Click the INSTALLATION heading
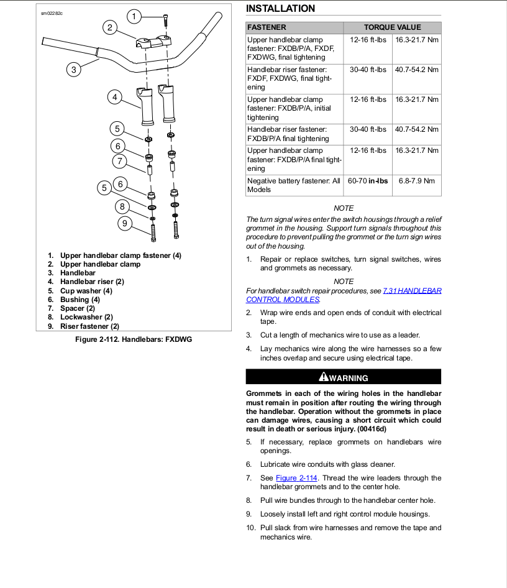coord(280,9)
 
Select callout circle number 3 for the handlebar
coord(74,70)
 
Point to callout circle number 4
coord(114,97)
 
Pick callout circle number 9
coord(125,223)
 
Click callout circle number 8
coord(122,207)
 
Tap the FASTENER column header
coord(267,27)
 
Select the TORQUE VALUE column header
coord(392,27)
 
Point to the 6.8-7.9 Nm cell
coord(416,181)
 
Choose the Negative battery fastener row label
coord(294,185)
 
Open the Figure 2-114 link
coord(296,478)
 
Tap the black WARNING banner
coord(344,377)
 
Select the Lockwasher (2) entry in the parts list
coord(86,317)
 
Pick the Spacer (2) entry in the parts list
coord(77,308)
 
